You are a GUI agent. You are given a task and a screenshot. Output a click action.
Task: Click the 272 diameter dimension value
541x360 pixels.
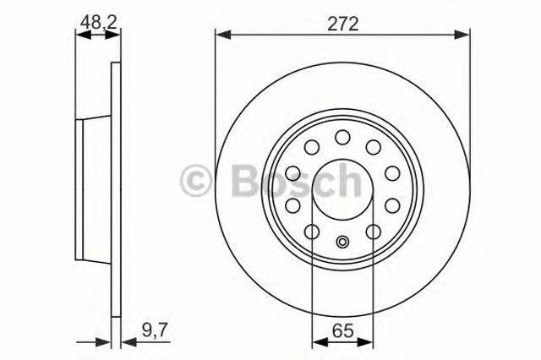pyautogui.click(x=342, y=23)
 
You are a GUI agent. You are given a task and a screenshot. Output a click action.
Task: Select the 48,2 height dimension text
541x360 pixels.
pyautogui.click(x=96, y=23)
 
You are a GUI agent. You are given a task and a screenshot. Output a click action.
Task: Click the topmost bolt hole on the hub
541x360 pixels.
pyautogui.click(x=342, y=137)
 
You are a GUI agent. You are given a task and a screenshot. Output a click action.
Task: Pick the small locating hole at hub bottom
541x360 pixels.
pyautogui.click(x=342, y=243)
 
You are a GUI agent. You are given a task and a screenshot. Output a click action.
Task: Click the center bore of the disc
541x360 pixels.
pyautogui.click(x=342, y=188)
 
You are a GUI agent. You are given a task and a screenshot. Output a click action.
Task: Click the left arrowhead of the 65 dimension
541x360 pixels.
pyautogui.click(x=318, y=342)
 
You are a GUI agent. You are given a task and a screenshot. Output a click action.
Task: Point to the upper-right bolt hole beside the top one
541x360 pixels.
pyautogui.click(x=373, y=148)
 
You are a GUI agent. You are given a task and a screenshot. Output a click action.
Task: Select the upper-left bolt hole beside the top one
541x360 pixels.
pyautogui.click(x=312, y=148)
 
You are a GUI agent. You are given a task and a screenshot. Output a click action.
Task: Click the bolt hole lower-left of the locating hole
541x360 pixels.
pyautogui.click(x=311, y=232)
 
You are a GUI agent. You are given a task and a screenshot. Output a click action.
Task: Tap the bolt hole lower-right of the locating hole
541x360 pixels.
pyautogui.click(x=374, y=232)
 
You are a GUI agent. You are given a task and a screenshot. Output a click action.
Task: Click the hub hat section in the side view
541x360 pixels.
pyautogui.click(x=94, y=189)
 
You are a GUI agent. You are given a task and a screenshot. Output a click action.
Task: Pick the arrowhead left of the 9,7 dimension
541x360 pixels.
pyautogui.click(x=107, y=342)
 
